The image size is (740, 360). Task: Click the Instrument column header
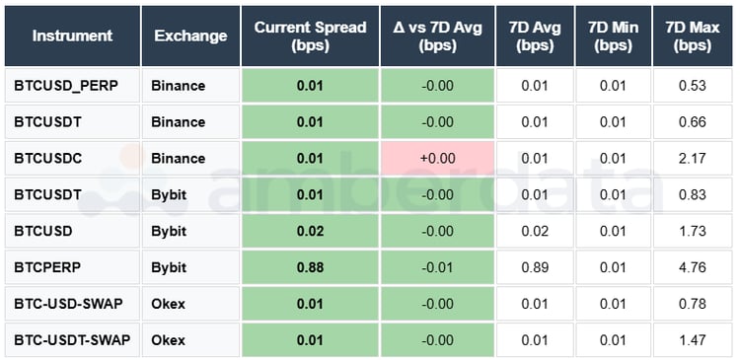pos(72,36)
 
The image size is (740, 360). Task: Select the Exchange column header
pos(190,36)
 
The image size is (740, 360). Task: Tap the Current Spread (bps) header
pos(310,36)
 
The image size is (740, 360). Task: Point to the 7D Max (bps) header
pos(693,36)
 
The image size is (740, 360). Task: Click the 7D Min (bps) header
pos(613,36)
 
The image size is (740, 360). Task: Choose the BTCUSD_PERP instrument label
pos(66,86)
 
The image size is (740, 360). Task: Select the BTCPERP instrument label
pos(50,267)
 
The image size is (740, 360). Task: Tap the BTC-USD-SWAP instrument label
pos(68,304)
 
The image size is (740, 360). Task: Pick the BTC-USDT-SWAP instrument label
pos(72,340)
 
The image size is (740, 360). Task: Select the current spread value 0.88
pos(310,267)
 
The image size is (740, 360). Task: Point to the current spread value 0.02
pos(310,231)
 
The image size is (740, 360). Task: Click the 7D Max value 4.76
pos(693,267)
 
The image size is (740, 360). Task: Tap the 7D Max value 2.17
pos(693,158)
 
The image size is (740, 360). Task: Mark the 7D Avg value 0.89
pos(533,267)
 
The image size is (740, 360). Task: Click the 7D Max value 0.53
pos(693,86)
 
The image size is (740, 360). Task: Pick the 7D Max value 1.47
pos(693,340)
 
